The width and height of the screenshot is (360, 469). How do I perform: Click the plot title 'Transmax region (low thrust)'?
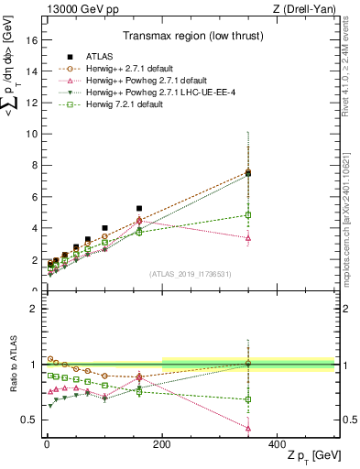[x=188, y=38]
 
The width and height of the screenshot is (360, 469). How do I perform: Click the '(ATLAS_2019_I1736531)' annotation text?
[x=189, y=273]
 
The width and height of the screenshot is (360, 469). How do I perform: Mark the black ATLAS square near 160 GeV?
[x=139, y=209]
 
